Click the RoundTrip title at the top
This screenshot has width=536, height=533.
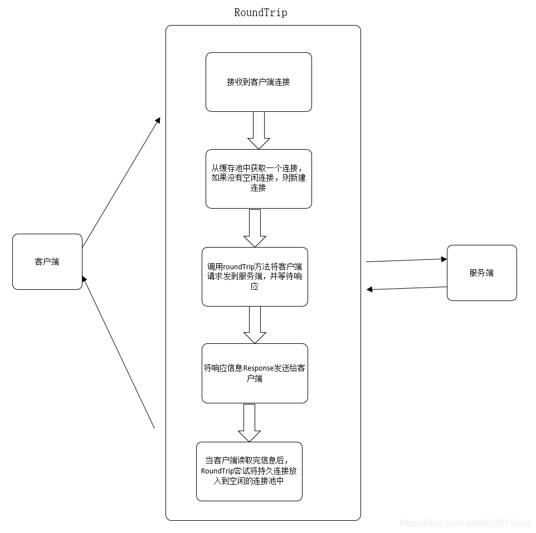pyautogui.click(x=261, y=13)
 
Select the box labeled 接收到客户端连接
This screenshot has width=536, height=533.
pyautogui.click(x=259, y=82)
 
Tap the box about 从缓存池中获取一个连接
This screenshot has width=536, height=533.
pyautogui.click(x=259, y=179)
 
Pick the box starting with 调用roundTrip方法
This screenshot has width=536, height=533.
pyautogui.click(x=255, y=277)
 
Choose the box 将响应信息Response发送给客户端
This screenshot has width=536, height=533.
pyautogui.click(x=255, y=373)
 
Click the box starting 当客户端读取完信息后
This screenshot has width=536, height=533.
pyautogui.click(x=249, y=472)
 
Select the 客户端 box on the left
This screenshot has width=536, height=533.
pyautogui.click(x=47, y=262)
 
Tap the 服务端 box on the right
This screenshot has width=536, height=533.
pyautogui.click(x=481, y=273)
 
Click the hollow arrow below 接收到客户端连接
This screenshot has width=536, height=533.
pyautogui.click(x=259, y=130)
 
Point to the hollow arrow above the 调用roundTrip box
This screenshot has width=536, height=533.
pyautogui.click(x=255, y=228)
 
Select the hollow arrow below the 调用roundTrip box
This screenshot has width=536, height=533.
pyautogui.click(x=255, y=325)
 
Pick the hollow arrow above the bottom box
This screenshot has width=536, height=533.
pyautogui.click(x=249, y=423)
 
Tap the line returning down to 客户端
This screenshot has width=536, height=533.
pyautogui.click(x=118, y=352)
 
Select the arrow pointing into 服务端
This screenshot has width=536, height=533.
pyautogui.click(x=406, y=260)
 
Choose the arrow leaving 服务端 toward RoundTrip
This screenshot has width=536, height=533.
pyautogui.click(x=407, y=288)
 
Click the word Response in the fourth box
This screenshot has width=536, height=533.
pyautogui.click(x=259, y=368)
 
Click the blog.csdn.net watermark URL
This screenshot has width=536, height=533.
pyautogui.click(x=465, y=523)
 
